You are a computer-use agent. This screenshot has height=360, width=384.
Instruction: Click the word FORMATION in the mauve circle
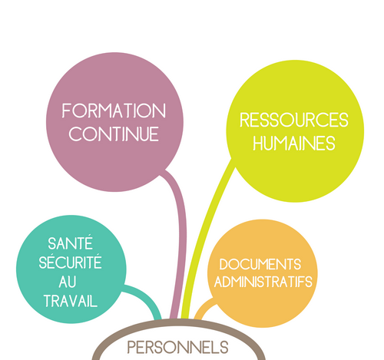(x=114, y=111)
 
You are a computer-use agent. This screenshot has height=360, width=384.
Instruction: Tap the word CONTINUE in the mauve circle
(x=114, y=134)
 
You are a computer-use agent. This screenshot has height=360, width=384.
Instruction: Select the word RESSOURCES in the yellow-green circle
(x=294, y=120)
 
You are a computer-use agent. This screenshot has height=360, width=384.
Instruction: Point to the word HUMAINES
(x=294, y=143)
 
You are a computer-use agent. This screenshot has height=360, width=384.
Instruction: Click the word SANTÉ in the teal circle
(x=70, y=243)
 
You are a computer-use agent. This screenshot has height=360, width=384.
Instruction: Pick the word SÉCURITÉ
(x=70, y=262)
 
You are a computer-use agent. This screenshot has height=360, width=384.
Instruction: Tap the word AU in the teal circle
(x=68, y=282)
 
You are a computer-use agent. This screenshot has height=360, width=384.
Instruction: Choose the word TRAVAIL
(x=71, y=301)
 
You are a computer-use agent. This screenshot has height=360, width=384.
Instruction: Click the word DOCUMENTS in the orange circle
(x=260, y=264)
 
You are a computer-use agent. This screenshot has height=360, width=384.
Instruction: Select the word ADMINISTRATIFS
(x=263, y=282)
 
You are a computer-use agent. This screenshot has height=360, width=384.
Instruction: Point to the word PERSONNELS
(x=177, y=348)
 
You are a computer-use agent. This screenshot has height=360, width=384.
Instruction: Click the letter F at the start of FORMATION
(x=67, y=111)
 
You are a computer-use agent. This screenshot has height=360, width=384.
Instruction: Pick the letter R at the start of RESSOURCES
(x=244, y=120)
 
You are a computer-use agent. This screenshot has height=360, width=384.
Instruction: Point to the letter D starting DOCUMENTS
(x=224, y=264)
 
